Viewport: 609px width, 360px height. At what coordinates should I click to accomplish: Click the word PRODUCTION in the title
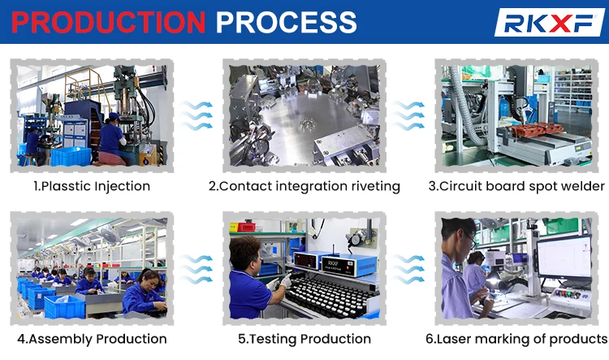[x=110, y=21]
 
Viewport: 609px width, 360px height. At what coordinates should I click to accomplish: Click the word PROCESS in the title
[x=286, y=21]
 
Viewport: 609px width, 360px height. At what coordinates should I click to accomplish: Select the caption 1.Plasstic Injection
[x=92, y=186]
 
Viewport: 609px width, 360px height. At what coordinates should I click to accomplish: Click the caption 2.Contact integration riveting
[x=304, y=186]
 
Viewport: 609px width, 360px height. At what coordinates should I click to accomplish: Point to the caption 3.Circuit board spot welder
[x=516, y=186]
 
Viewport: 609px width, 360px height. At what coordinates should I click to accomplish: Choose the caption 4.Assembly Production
[x=92, y=339]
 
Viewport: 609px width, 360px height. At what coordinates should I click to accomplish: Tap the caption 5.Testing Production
[x=304, y=339]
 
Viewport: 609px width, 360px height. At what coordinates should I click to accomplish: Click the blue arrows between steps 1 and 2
[x=197, y=115]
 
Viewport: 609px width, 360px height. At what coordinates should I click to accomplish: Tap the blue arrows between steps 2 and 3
[x=410, y=115]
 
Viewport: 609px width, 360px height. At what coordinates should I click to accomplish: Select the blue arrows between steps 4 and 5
[x=197, y=268]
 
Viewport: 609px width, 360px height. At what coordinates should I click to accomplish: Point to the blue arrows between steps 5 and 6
[x=410, y=268]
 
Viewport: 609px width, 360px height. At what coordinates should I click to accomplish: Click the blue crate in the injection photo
[x=71, y=156]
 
